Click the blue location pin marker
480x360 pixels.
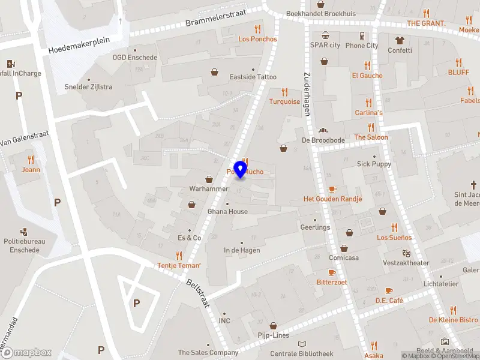pyautogui.click(x=241, y=169)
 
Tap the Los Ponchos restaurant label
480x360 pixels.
pyautogui.click(x=257, y=39)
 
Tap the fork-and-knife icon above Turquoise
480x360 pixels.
pyautogui.click(x=284, y=92)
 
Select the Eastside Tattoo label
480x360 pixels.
pyautogui.click(x=253, y=77)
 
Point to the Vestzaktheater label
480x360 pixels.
pyautogui.click(x=406, y=263)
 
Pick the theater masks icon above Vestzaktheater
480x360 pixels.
pyautogui.click(x=406, y=254)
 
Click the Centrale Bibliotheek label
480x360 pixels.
pyautogui.click(x=301, y=353)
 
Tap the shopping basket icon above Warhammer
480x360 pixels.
pyautogui.click(x=209, y=179)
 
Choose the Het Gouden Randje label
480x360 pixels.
pyautogui.click(x=332, y=199)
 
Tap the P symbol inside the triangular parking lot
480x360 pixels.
pyautogui.click(x=136, y=303)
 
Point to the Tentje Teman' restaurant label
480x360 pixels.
pyautogui.click(x=179, y=265)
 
